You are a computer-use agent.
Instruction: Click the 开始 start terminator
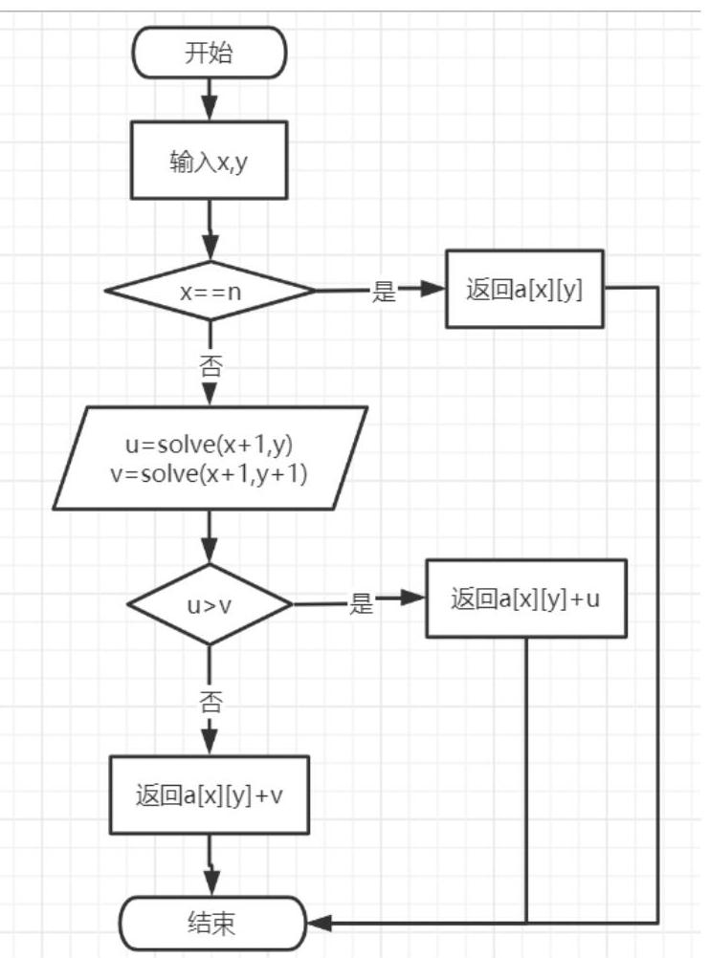pos(210,53)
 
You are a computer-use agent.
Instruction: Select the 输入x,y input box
pos(210,160)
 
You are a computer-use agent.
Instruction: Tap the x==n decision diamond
pos(211,291)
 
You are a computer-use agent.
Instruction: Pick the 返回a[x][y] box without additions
pos(524,289)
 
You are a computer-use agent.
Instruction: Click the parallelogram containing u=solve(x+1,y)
pos(211,458)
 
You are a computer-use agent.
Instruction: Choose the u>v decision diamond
pos(210,604)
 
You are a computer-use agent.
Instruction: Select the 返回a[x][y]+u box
pos(526,599)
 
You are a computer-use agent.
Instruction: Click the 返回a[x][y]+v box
pos(210,795)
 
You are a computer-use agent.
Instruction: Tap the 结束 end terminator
pos(211,923)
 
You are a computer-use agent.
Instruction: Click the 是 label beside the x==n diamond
pos(384,291)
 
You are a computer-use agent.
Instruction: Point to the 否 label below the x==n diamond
pos(211,366)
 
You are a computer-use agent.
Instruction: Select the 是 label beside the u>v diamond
pos(361,603)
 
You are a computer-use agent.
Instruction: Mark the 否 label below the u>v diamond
pos(211,702)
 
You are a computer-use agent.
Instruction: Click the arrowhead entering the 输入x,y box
pos(210,109)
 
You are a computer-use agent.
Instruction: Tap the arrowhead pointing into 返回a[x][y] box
pos(433,289)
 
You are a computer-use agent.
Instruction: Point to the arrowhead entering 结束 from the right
pos(319,923)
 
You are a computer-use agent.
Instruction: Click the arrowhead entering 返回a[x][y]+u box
pos(412,598)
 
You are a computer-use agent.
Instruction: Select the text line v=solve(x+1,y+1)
pos(209,473)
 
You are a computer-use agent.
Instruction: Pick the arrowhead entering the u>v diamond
pos(210,552)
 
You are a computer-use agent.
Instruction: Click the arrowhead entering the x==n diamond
pos(210,250)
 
